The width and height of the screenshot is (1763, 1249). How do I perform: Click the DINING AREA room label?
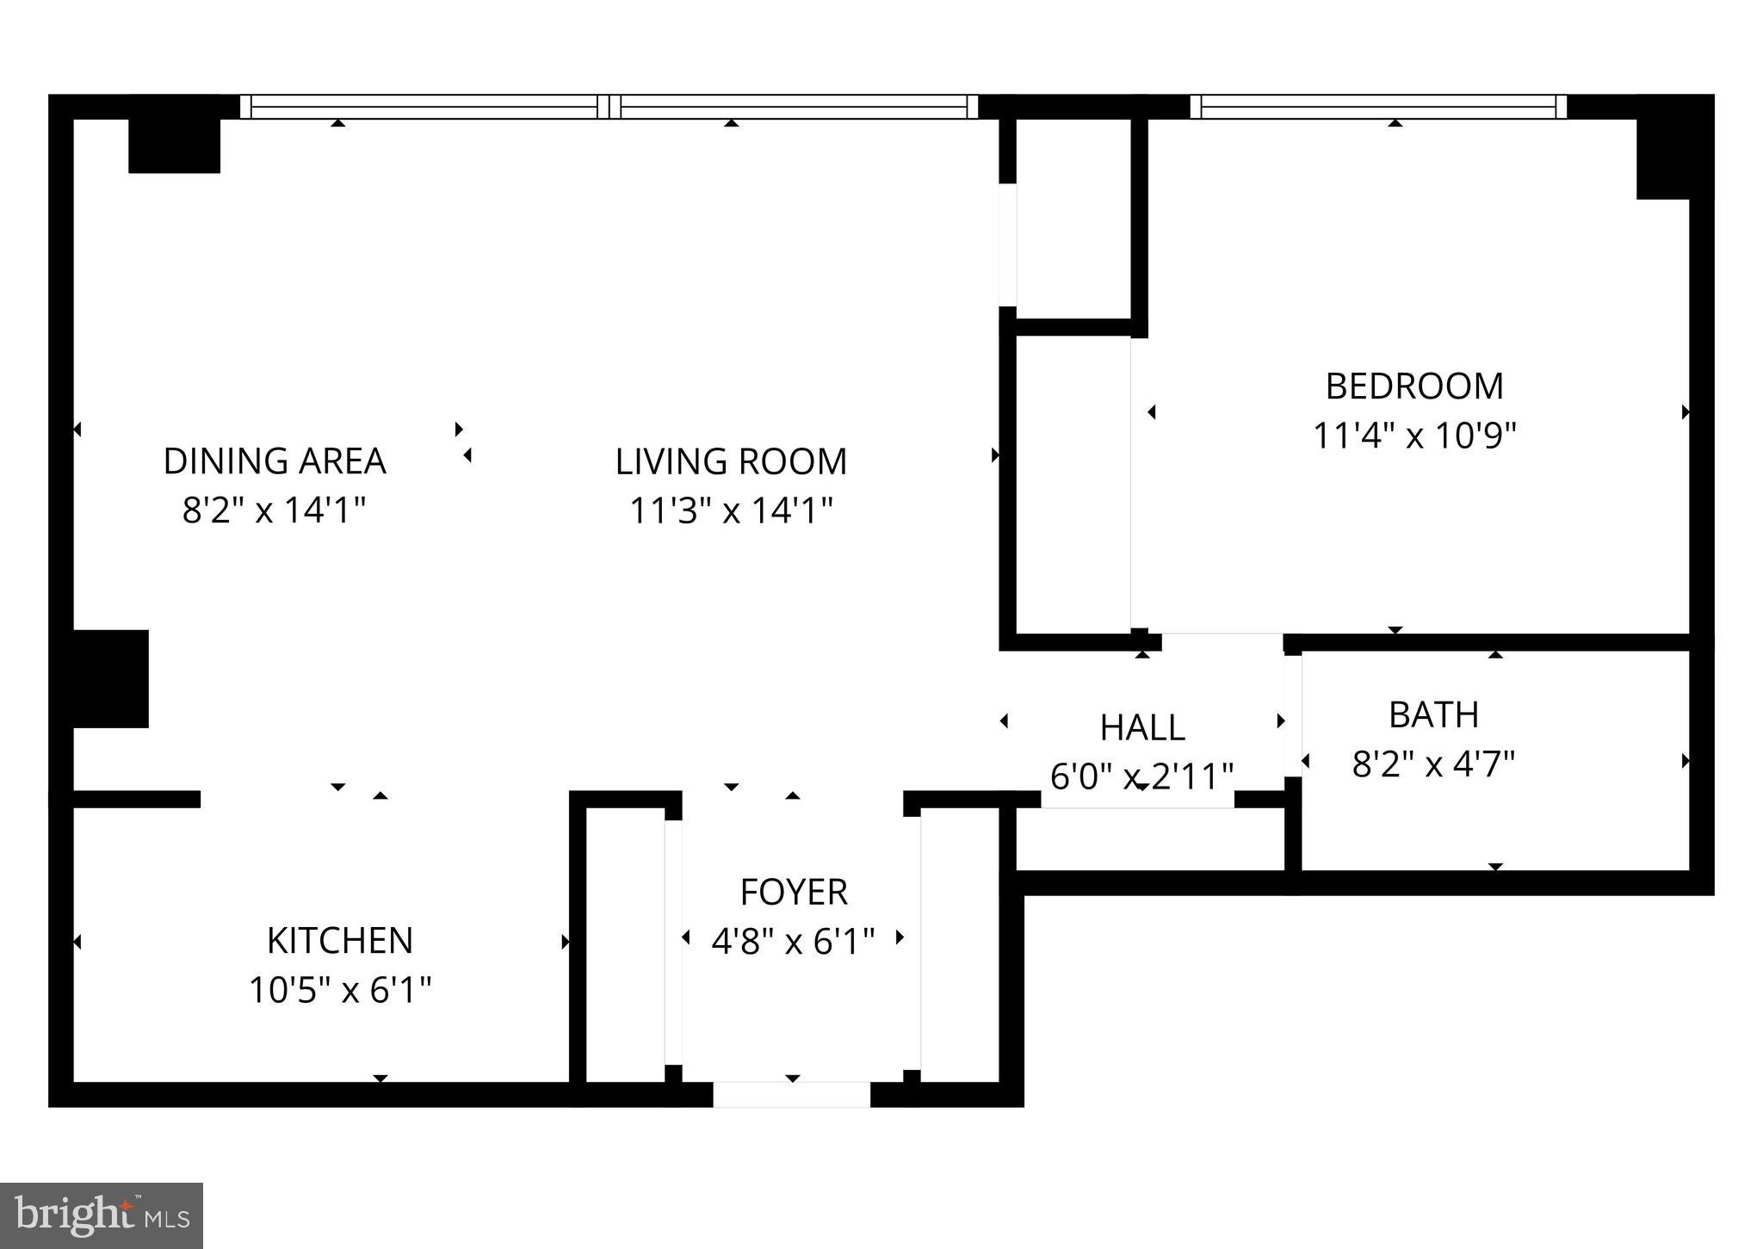[275, 461]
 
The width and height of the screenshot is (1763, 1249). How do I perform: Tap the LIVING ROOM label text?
[731, 462]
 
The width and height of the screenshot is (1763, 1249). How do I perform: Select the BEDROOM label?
[1414, 386]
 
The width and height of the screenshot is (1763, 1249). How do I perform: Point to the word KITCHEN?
[340, 941]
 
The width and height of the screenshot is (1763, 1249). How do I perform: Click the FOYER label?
[794, 893]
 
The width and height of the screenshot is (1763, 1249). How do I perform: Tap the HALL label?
[1142, 728]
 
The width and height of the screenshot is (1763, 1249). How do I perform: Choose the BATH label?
[1433, 715]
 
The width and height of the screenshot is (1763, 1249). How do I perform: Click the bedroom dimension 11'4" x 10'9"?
[1413, 436]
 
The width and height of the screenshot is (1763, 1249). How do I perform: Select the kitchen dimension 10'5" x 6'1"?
[340, 990]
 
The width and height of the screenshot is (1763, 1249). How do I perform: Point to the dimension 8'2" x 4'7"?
[1433, 764]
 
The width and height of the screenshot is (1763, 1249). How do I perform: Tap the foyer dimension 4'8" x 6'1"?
[793, 942]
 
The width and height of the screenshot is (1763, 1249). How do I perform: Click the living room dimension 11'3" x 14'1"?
[731, 510]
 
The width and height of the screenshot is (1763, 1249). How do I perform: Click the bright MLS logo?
[102, 1215]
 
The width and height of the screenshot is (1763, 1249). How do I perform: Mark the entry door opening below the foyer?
[791, 1094]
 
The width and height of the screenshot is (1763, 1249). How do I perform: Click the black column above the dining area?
[174, 145]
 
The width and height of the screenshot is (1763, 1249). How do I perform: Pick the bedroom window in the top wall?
[1377, 107]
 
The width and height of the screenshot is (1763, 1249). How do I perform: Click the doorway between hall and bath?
[1292, 715]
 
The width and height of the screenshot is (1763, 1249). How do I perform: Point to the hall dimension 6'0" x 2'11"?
[1142, 776]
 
